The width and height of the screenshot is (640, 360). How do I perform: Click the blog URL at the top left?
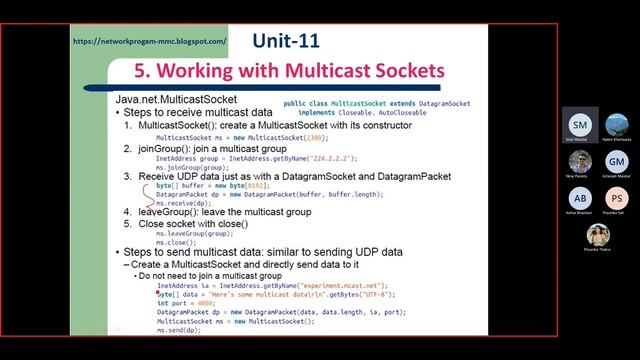[150, 42]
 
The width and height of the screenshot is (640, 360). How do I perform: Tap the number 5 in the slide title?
[142, 72]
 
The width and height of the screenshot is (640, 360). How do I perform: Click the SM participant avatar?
[579, 123]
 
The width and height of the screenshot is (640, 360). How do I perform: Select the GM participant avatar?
[616, 160]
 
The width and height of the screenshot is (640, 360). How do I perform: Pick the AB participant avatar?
[580, 197]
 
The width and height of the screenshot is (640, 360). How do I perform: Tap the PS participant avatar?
[616, 197]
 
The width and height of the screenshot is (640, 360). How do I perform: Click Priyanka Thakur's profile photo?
[598, 234]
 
